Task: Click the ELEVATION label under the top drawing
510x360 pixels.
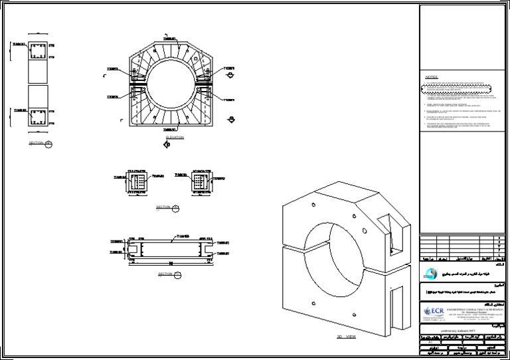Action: point(175,137)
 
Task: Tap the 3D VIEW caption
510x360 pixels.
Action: point(347,337)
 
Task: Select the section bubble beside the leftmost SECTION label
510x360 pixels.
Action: point(48,143)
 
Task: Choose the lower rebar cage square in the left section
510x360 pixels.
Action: point(37,118)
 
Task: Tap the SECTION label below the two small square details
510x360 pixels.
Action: point(163,207)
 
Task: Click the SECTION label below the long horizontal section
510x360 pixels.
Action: point(165,274)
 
